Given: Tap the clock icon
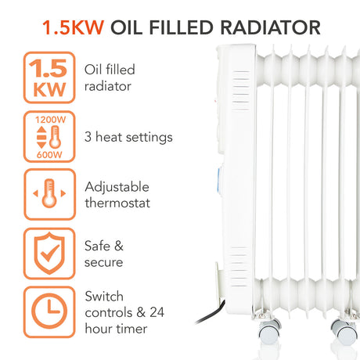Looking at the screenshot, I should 49,311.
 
